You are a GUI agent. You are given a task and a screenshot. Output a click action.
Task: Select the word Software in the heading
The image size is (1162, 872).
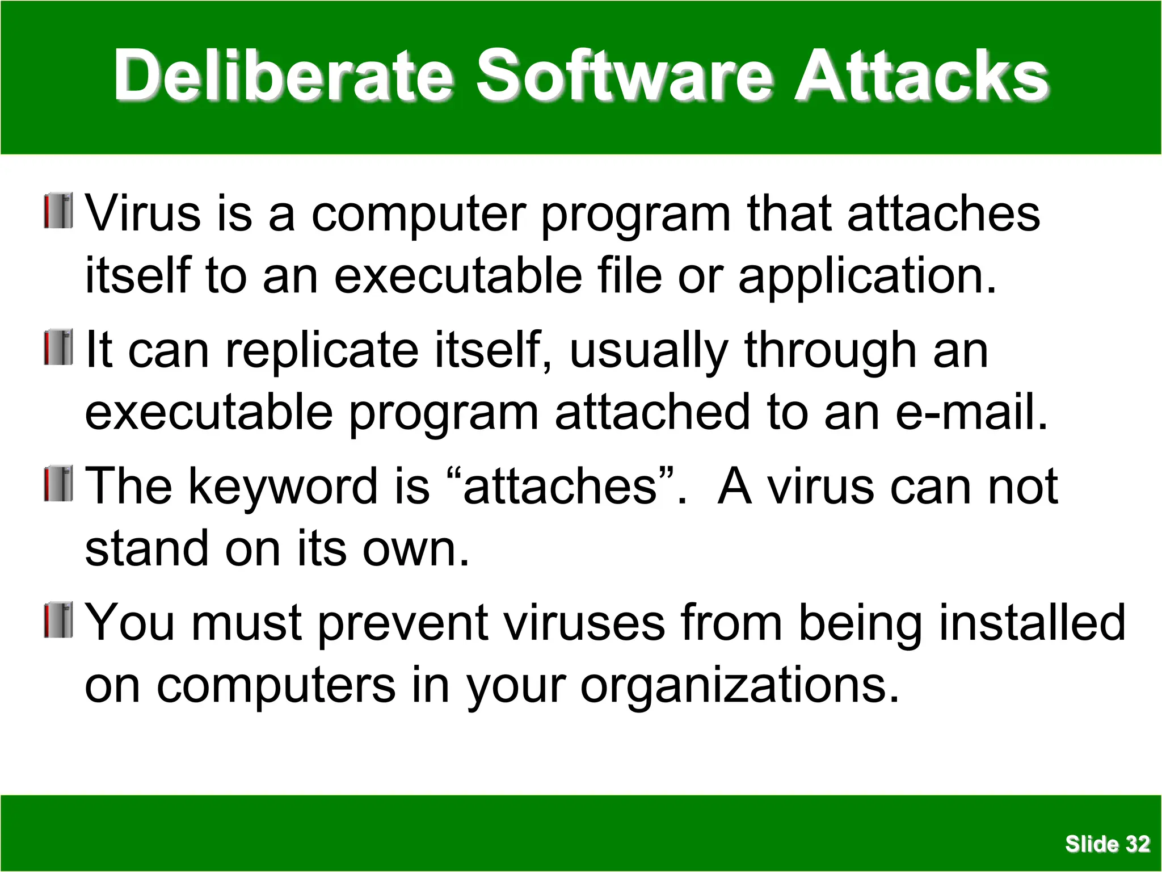[624, 75]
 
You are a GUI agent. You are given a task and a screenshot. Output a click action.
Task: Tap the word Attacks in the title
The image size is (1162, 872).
[921, 75]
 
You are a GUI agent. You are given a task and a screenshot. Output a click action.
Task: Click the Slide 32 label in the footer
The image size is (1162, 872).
[1107, 844]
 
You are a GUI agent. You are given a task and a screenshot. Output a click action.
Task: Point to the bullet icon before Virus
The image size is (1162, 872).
[58, 211]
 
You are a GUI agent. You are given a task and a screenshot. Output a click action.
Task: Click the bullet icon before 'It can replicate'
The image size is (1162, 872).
[58, 347]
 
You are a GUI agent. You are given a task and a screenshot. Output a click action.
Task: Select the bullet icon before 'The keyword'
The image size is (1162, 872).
[58, 483]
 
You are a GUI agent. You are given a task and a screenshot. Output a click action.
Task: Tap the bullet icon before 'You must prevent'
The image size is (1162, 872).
[58, 620]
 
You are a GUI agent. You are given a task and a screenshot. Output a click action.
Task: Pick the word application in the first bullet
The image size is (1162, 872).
[866, 276]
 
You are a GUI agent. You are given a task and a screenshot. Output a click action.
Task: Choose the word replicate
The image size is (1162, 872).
[322, 350]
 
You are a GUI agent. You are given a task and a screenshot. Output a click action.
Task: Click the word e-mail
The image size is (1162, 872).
[971, 412]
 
